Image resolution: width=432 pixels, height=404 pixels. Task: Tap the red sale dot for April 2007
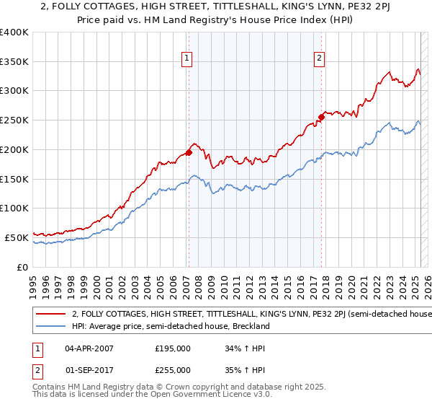click(x=189, y=152)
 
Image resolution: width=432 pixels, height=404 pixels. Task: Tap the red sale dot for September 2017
click(x=321, y=117)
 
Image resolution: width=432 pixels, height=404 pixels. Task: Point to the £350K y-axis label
click(x=14, y=62)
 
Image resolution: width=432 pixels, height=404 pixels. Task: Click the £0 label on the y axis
click(x=22, y=267)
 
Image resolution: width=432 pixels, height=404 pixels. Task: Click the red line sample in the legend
click(x=51, y=315)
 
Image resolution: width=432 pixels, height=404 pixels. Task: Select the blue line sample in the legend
click(x=51, y=326)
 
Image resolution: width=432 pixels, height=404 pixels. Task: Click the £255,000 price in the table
click(x=173, y=370)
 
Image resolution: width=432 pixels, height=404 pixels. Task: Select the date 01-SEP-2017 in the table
click(x=89, y=370)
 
